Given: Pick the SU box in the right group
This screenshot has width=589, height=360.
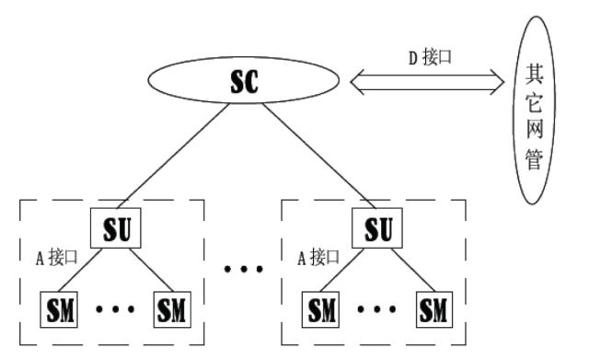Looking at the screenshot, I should click(x=379, y=229).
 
